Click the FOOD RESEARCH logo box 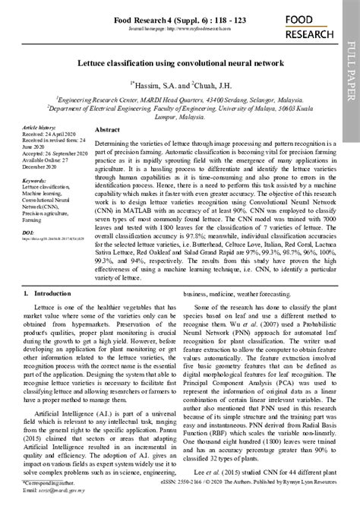[x=312, y=27]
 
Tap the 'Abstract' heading [x=107, y=131]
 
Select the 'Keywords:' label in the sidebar [x=35, y=181]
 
